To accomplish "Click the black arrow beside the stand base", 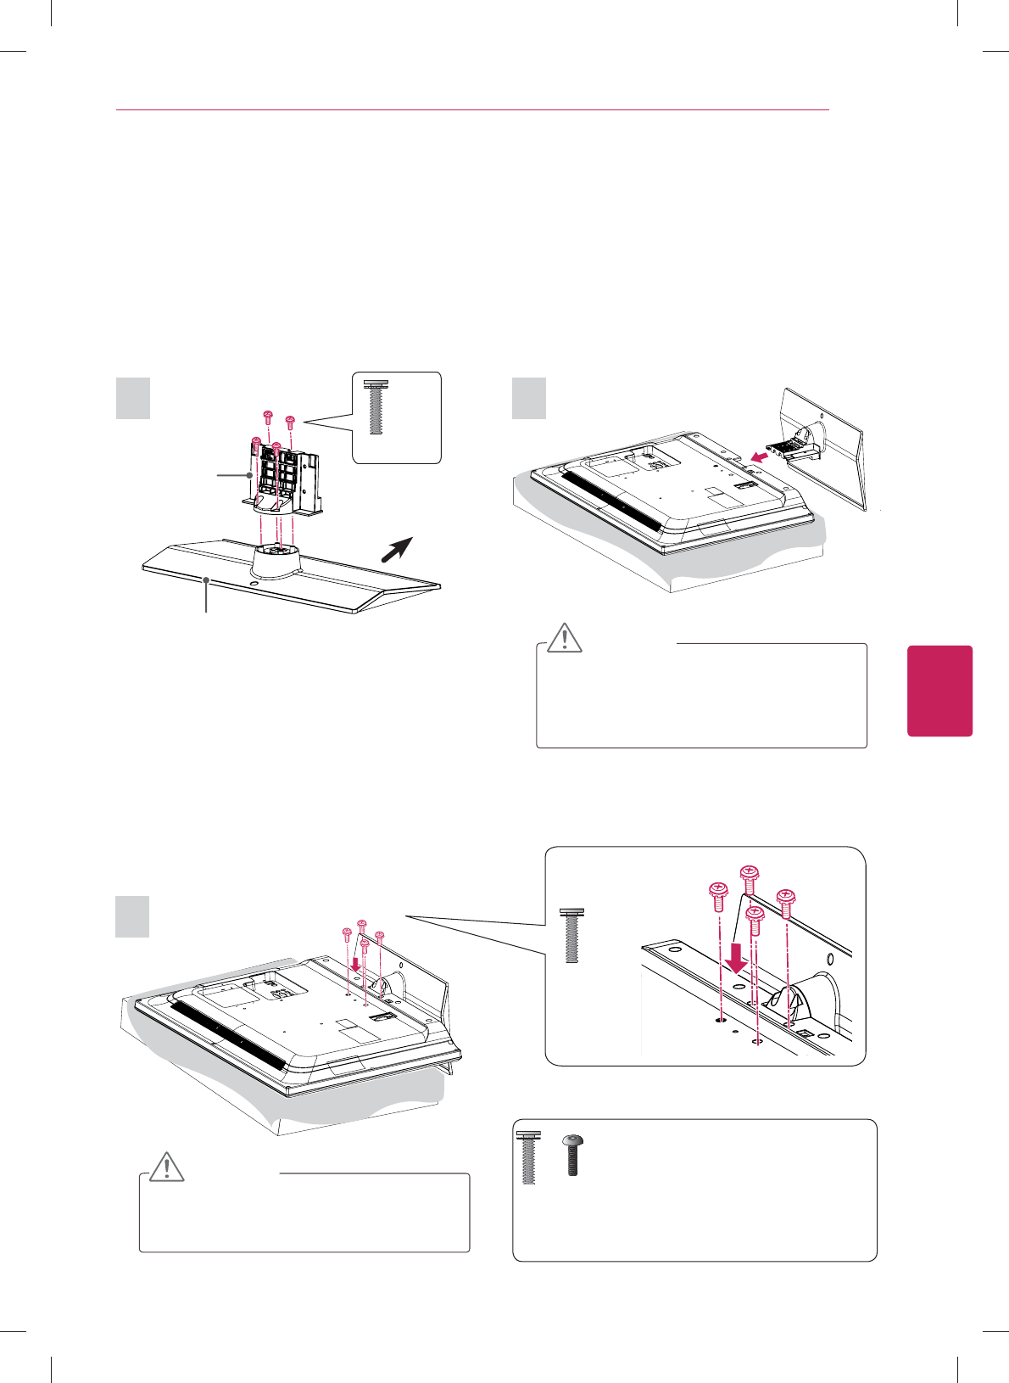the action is tap(396, 550).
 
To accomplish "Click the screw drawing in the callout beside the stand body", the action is tap(376, 407).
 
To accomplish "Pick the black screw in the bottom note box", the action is tap(573, 1155).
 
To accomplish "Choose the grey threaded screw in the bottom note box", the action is tap(529, 1158).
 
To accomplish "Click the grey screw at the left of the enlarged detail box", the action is tap(572, 935).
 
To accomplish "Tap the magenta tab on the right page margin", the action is tap(939, 691).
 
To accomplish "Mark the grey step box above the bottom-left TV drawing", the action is tap(133, 917).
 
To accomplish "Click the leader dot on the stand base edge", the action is tap(206, 579).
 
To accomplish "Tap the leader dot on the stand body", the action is tap(249, 475).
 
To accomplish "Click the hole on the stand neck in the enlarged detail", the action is tap(828, 960).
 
